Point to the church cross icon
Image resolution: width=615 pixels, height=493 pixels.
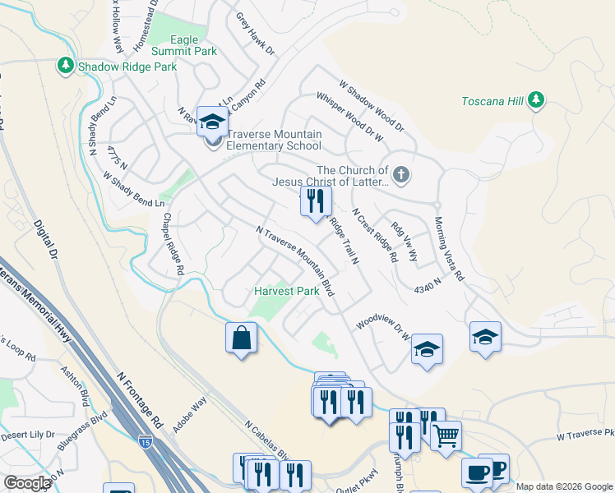pos(400,174)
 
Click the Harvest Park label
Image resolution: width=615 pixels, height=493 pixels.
pos(286,292)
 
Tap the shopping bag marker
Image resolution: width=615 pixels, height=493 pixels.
pos(241,338)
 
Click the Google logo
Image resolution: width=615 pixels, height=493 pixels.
pos(26,483)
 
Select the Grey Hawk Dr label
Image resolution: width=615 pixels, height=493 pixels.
pos(256,34)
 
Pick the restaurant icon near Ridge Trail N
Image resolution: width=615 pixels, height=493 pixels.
pos(316,200)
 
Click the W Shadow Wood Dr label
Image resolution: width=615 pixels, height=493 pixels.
pos(372,105)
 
